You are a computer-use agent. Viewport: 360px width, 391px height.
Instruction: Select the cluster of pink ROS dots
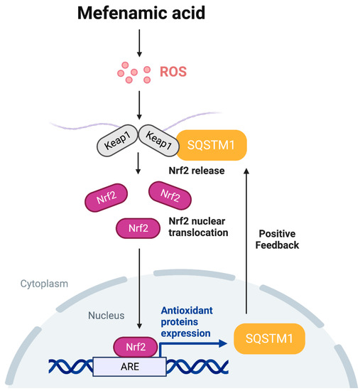pos(131,73)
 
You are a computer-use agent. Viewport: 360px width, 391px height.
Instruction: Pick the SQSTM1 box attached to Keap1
pos(211,144)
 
